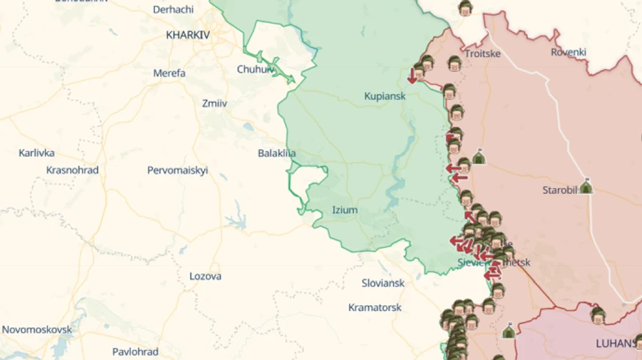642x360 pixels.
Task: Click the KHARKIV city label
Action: click(188, 34)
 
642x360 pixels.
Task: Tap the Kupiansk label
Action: click(384, 96)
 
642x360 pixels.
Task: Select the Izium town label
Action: click(345, 210)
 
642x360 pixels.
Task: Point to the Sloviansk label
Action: click(383, 283)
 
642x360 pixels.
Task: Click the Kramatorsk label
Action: click(374, 307)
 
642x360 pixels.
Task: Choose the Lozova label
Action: click(205, 276)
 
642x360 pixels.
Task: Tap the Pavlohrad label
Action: click(135, 351)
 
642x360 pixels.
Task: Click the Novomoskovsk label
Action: click(37, 329)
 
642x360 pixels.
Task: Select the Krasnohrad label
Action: click(72, 170)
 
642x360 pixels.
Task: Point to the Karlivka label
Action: click(36, 153)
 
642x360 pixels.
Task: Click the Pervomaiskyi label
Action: click(178, 170)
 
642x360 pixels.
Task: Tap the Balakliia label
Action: click(277, 153)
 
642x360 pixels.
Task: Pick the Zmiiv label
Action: click(214, 103)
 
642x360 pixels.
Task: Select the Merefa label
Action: click(169, 73)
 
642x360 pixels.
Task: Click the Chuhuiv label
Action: click(255, 69)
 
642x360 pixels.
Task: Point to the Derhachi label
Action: click(173, 9)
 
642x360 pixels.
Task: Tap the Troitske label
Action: click(482, 53)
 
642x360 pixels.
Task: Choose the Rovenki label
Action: click(569, 52)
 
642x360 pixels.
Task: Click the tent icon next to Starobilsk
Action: click(586, 187)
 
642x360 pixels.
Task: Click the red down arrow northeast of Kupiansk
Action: click(412, 76)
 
